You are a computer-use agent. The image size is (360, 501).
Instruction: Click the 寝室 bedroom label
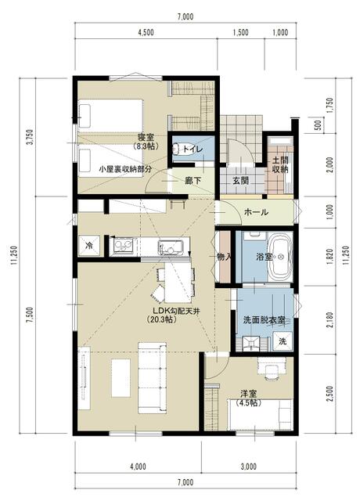pyautogui.click(x=146, y=138)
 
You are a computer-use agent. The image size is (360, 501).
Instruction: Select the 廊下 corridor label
pyautogui.click(x=193, y=181)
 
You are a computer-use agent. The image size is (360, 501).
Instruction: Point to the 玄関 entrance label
pyautogui.click(x=240, y=181)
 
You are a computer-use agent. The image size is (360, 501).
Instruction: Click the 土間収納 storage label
pyautogui.click(x=280, y=164)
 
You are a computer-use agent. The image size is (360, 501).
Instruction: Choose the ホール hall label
pyautogui.click(x=256, y=212)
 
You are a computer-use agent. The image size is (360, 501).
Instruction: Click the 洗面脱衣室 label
pyautogui.click(x=264, y=320)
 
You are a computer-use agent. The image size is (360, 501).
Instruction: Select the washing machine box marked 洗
pyautogui.click(x=283, y=341)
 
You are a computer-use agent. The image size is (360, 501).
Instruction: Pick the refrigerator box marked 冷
pyautogui.click(x=89, y=245)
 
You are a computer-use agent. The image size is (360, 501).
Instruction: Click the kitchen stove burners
pyautogui.click(x=124, y=246)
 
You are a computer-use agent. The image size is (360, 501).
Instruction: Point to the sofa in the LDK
pyautogui.click(x=152, y=378)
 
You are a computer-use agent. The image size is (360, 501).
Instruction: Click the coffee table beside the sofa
pyautogui.click(x=121, y=378)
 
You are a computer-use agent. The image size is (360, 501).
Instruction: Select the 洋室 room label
pyautogui.click(x=249, y=394)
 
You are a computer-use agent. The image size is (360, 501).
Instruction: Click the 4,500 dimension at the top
pyautogui.click(x=146, y=32)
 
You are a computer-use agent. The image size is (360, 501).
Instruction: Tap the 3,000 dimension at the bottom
pyautogui.click(x=248, y=467)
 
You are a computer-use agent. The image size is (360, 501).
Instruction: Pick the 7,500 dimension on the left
pyautogui.click(x=30, y=315)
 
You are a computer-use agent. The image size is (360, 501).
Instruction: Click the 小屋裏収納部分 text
pyautogui.click(x=125, y=169)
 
